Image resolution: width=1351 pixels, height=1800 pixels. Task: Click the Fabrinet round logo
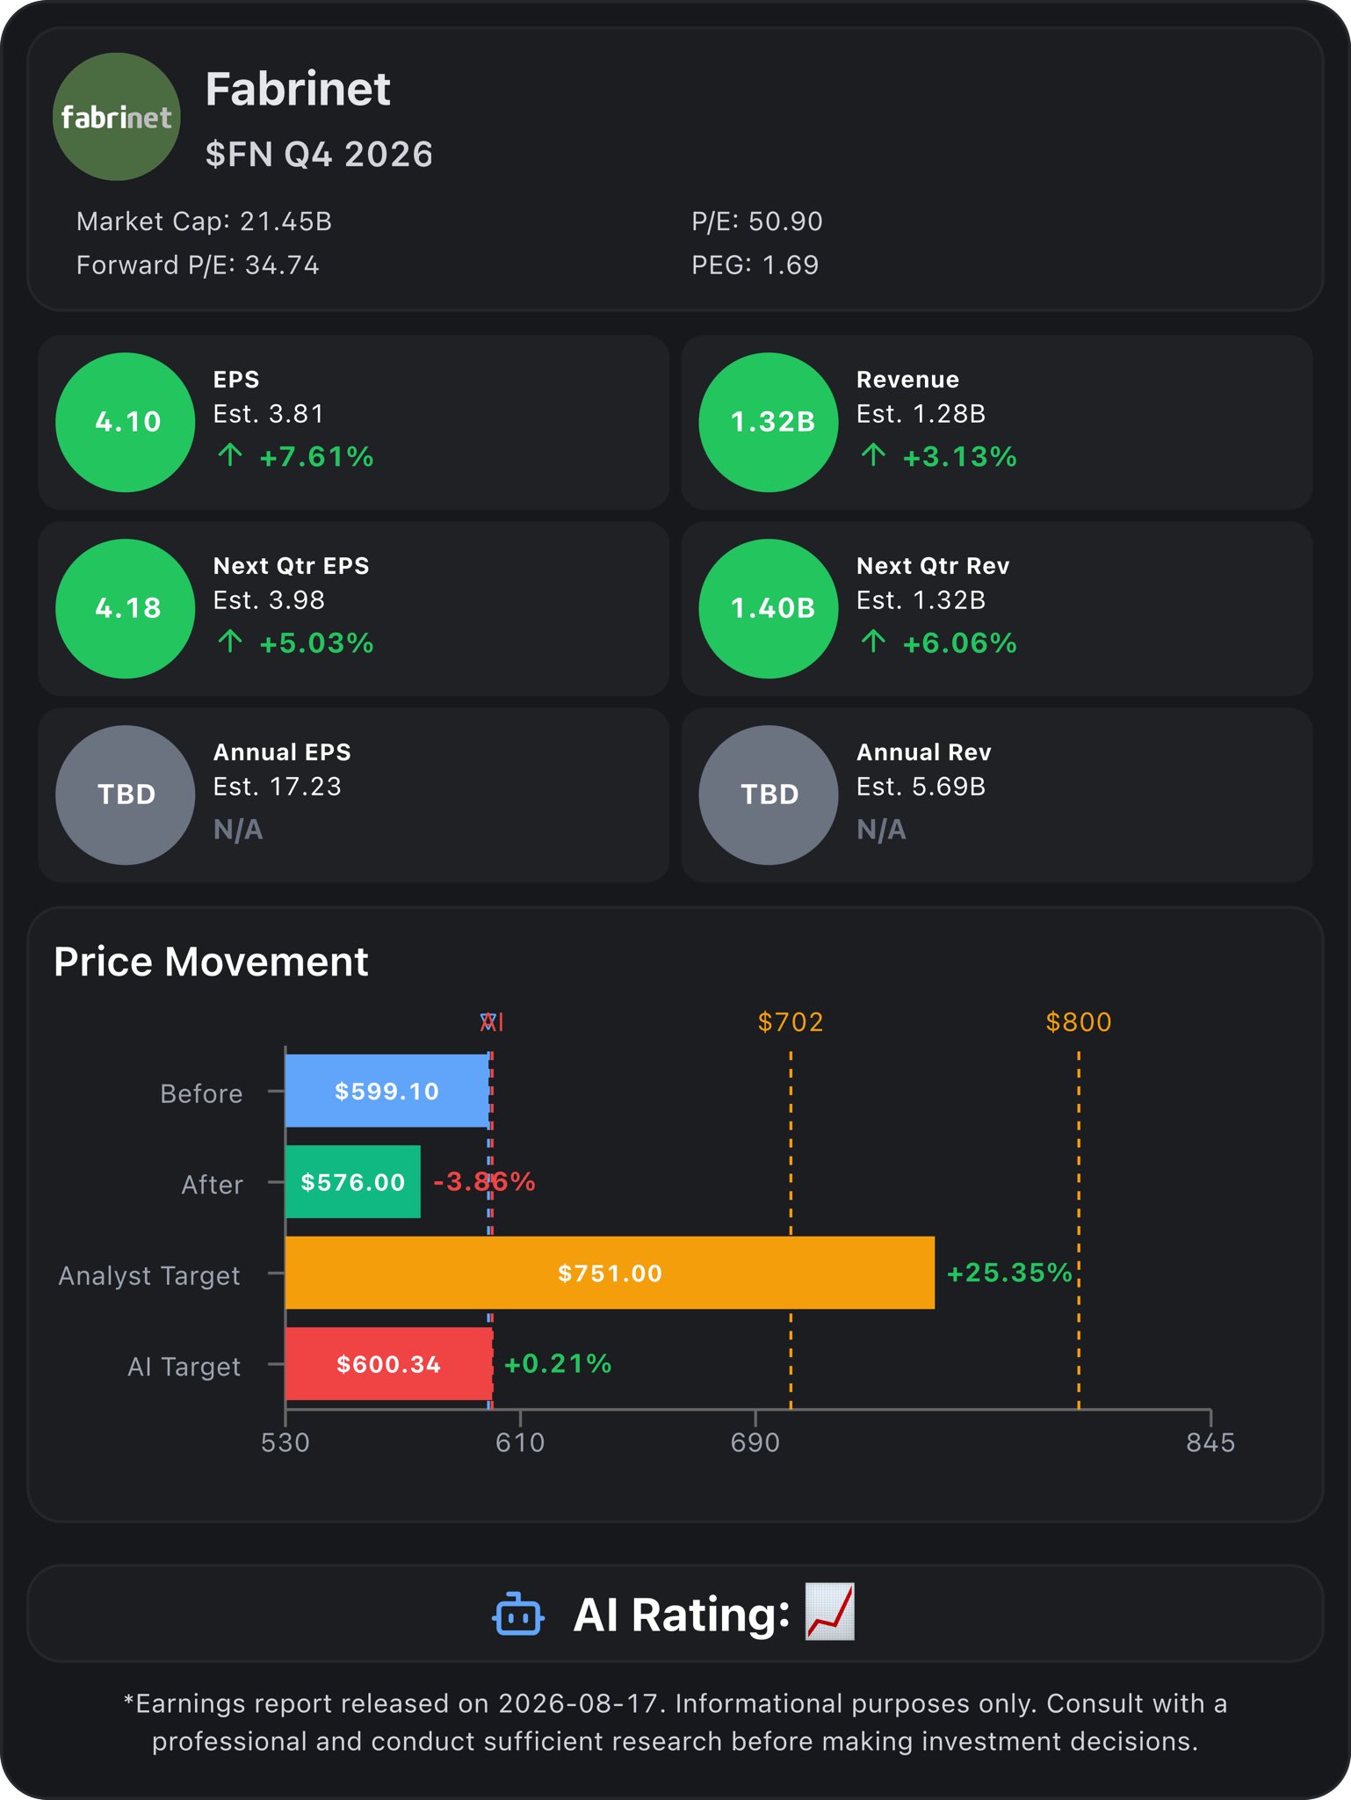pyautogui.click(x=117, y=117)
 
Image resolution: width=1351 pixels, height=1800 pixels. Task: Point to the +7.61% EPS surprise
pyautogui.click(x=316, y=457)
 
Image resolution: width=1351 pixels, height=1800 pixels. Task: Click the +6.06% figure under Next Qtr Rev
pyautogui.click(x=959, y=643)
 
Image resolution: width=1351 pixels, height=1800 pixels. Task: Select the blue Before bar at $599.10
pyautogui.click(x=387, y=1091)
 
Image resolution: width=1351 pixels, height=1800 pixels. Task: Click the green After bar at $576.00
pyautogui.click(x=353, y=1181)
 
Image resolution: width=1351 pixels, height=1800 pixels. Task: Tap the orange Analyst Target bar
pyautogui.click(x=610, y=1273)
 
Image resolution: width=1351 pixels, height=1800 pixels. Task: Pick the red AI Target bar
pyautogui.click(x=389, y=1363)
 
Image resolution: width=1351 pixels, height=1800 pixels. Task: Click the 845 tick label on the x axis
pyautogui.click(x=1210, y=1442)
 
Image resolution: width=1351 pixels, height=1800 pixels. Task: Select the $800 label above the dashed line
pyautogui.click(x=1079, y=1022)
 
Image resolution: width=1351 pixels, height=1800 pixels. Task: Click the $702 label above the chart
pyautogui.click(x=791, y=1022)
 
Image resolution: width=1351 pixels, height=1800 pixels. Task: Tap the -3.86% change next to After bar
pyautogui.click(x=484, y=1181)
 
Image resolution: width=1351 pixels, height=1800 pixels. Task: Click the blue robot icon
pyautogui.click(x=518, y=1615)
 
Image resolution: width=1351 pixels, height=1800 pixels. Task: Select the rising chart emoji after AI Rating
pyautogui.click(x=830, y=1612)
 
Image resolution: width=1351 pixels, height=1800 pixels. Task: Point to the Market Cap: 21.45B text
pyautogui.click(x=204, y=221)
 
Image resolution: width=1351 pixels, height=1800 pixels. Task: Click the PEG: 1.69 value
pyautogui.click(x=755, y=265)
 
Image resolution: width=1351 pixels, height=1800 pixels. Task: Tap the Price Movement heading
pyautogui.click(x=211, y=962)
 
